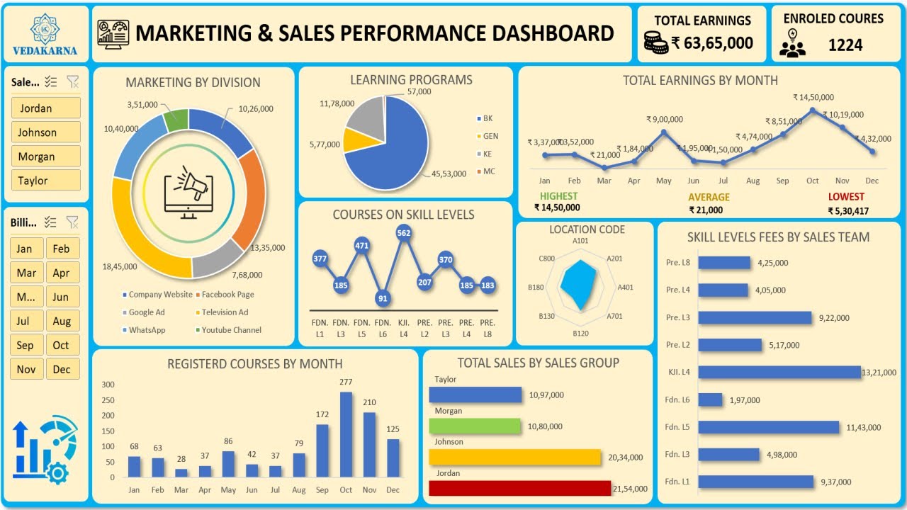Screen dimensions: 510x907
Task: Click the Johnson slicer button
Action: point(45,132)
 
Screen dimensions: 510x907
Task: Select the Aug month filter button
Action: point(62,321)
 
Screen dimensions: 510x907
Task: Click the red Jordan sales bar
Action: point(519,489)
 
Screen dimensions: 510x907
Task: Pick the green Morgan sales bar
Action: point(474,426)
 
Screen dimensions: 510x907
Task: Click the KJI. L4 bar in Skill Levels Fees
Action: point(779,373)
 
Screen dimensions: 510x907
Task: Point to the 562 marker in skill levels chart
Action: point(404,232)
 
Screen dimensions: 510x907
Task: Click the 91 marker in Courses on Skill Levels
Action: point(383,298)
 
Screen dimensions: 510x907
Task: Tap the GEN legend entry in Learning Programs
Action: point(490,136)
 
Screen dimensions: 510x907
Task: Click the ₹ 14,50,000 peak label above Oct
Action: point(813,98)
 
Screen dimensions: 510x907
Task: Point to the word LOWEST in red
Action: point(846,197)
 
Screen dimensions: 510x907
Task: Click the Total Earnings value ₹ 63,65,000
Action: point(711,43)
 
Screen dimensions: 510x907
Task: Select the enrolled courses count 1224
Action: point(845,45)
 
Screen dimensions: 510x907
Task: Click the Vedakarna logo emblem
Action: point(45,28)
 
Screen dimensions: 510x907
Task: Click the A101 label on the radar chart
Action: point(580,241)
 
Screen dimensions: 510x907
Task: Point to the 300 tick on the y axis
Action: point(108,385)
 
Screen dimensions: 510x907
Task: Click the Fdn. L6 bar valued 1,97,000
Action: point(710,400)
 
